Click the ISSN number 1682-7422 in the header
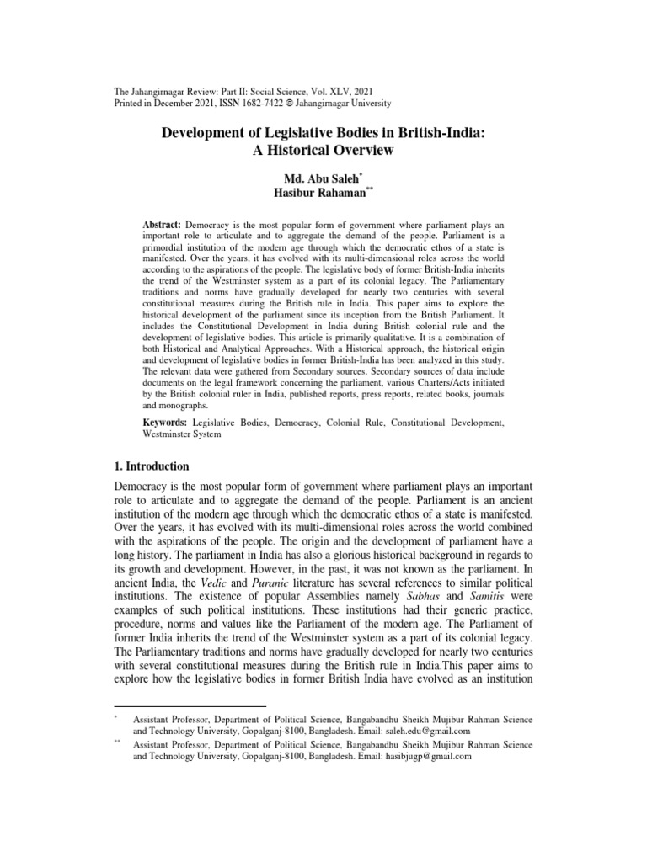pos(235,103)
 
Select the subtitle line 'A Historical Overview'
pos(323,152)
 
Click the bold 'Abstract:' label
pos(163,226)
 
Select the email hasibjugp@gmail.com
pos(418,757)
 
